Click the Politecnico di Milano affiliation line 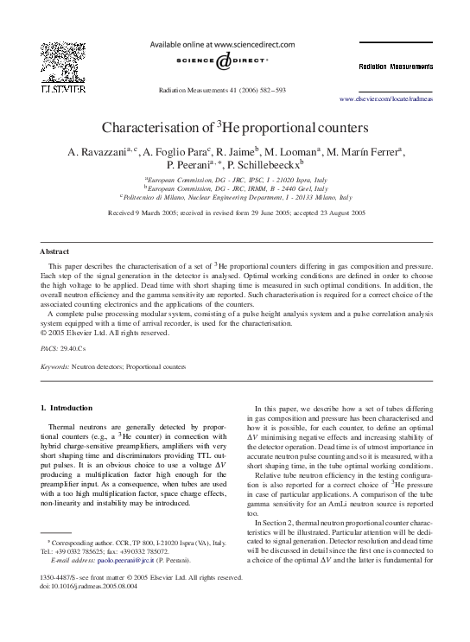coord(236,197)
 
